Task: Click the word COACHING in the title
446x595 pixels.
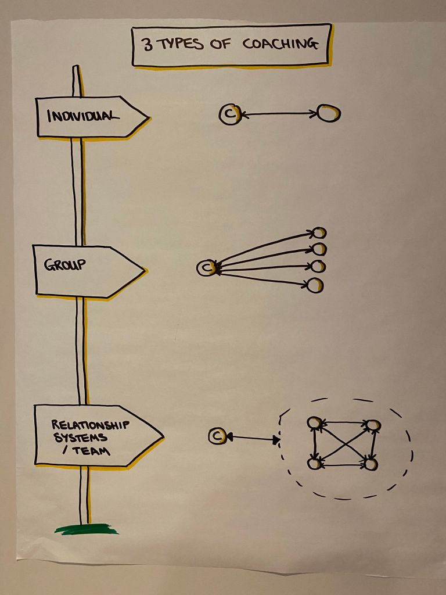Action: tap(280, 44)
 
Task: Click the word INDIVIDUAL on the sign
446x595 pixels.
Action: tap(83, 115)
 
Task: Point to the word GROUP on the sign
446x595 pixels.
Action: tap(64, 264)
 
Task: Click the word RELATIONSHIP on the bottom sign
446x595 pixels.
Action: tap(90, 425)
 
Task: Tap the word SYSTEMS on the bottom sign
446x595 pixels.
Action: tap(80, 438)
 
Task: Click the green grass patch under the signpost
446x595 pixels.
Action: tap(86, 529)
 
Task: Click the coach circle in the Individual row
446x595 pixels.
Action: tap(229, 114)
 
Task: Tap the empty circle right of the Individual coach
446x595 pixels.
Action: tap(329, 113)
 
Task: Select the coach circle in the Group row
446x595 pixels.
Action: tap(206, 268)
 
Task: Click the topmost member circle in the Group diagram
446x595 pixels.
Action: tap(319, 232)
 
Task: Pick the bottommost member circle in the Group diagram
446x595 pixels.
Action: tap(314, 285)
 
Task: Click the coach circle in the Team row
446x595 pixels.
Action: tap(217, 436)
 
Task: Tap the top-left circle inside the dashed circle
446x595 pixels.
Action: tap(315, 423)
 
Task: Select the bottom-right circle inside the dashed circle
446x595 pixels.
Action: tap(371, 464)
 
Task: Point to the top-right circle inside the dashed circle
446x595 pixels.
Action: tap(373, 425)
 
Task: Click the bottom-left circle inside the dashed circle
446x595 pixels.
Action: tap(314, 463)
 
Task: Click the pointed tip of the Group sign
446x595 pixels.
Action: tap(145, 271)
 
